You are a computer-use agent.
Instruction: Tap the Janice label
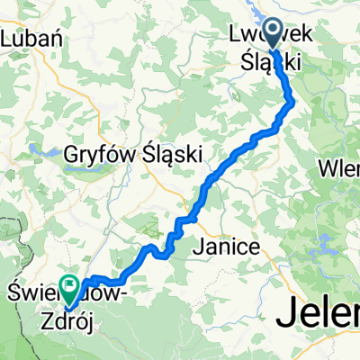[x=228, y=246]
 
